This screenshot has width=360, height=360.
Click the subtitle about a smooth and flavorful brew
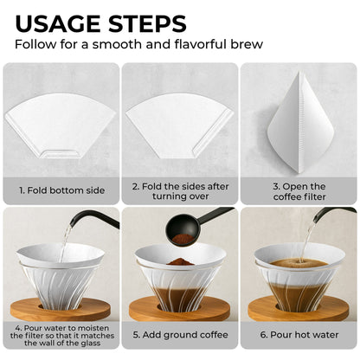pos(139,44)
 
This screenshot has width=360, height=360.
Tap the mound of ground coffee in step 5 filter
pos(179,261)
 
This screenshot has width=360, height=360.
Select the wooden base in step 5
pos(179,307)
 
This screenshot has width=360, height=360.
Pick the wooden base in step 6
pos(299,307)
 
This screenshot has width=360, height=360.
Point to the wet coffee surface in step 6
pos(299,260)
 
